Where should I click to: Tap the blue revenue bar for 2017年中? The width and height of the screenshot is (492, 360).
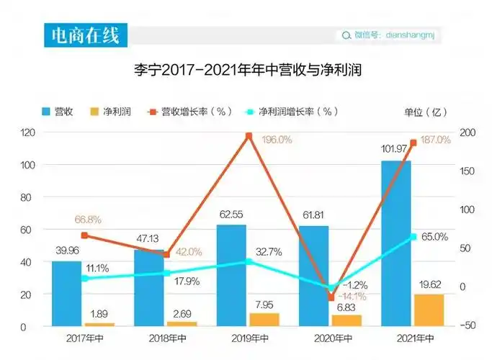tap(66, 293)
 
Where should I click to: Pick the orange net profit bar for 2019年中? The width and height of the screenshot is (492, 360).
tap(264, 319)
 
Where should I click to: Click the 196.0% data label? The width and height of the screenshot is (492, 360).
tap(277, 140)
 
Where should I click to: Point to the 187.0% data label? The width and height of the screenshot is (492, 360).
tap(434, 140)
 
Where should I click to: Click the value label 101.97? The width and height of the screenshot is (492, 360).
tap(395, 150)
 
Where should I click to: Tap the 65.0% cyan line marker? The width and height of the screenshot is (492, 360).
tap(413, 237)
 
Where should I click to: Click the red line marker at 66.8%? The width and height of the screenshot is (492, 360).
tap(84, 235)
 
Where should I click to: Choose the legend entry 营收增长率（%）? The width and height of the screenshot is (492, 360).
tap(189, 112)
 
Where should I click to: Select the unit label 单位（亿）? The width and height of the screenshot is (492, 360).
tap(426, 112)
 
